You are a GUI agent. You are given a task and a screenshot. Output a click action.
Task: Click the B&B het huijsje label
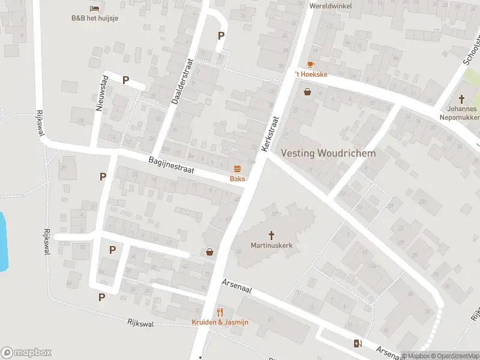(x=95, y=18)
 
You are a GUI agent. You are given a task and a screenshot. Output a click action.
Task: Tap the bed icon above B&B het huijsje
(x=95, y=8)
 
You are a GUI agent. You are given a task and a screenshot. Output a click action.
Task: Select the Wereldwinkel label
(x=330, y=6)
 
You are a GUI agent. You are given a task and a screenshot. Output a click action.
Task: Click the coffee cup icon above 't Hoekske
(x=310, y=64)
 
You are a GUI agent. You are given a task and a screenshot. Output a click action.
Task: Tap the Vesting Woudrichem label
(x=328, y=153)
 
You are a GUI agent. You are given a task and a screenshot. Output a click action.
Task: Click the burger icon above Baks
(x=237, y=169)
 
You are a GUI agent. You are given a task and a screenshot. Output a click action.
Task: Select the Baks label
(x=237, y=179)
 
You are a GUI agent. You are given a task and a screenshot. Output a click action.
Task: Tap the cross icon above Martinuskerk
(x=271, y=235)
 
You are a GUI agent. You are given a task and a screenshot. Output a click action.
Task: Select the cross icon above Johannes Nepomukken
(x=462, y=99)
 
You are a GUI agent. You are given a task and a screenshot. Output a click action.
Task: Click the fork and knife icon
(x=220, y=312)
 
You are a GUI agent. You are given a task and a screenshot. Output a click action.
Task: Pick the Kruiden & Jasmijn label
(x=220, y=322)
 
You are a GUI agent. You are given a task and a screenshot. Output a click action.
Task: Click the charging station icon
(x=358, y=343)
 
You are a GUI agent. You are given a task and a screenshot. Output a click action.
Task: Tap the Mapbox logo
(x=26, y=353)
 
